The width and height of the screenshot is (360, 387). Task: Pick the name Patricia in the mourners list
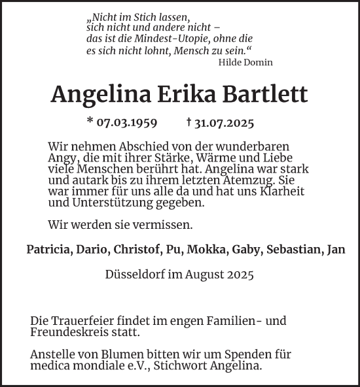[49, 248]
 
